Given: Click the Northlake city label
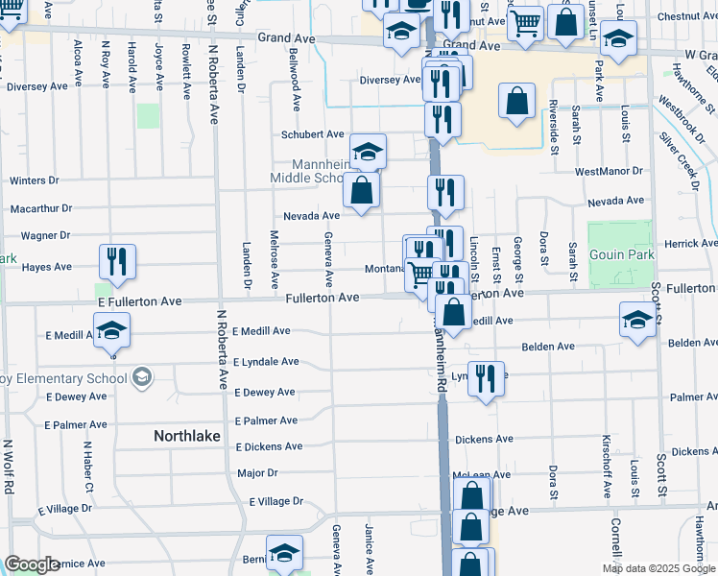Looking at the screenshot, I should pos(188,436).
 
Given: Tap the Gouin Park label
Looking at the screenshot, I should pos(619,254).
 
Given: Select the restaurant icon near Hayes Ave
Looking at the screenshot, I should pos(117,262).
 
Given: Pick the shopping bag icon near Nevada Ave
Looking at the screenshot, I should pos(361,190).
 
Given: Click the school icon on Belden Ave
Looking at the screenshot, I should pos(637,321).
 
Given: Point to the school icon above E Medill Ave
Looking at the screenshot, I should pos(112,331).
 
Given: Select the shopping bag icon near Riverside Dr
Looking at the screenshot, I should pos(517,102).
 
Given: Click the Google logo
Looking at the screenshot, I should pos(33,564).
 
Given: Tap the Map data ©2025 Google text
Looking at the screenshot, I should pos(659,568).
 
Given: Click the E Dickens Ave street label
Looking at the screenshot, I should pos(267,446).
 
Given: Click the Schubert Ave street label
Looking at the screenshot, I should pos(312,134).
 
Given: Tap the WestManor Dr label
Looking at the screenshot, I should pos(608,171).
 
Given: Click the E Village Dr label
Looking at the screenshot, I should pos(275,501).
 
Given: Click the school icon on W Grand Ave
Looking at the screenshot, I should pos(618,38).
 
